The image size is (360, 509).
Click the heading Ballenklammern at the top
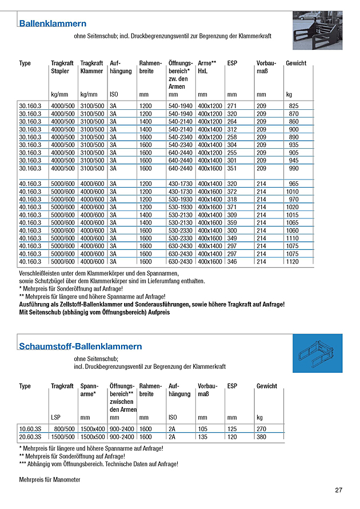pyautogui.click(x=53, y=24)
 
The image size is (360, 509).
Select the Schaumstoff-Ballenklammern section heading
pyautogui.click(x=80, y=347)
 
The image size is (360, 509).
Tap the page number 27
pyautogui.click(x=339, y=490)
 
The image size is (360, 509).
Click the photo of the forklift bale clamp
pyautogui.click(x=317, y=31)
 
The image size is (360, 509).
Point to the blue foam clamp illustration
pyautogui.click(x=317, y=354)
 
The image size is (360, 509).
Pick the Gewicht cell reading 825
pyautogui.click(x=294, y=106)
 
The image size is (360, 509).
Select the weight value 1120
pyautogui.click(x=293, y=261)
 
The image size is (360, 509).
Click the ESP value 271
pyautogui.click(x=231, y=106)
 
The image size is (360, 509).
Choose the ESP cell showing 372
pyautogui.click(x=231, y=191)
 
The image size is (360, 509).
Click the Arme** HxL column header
pyautogui.click(x=207, y=67)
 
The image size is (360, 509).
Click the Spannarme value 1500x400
pyautogui.click(x=93, y=428)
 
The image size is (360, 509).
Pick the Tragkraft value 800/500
pyautogui.click(x=63, y=428)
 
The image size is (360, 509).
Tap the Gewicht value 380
pyautogui.click(x=262, y=436)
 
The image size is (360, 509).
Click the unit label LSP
pyautogui.click(x=55, y=417)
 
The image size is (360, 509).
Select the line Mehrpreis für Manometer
pyautogui.click(x=49, y=479)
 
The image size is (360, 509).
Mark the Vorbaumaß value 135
pyautogui.click(x=202, y=436)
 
